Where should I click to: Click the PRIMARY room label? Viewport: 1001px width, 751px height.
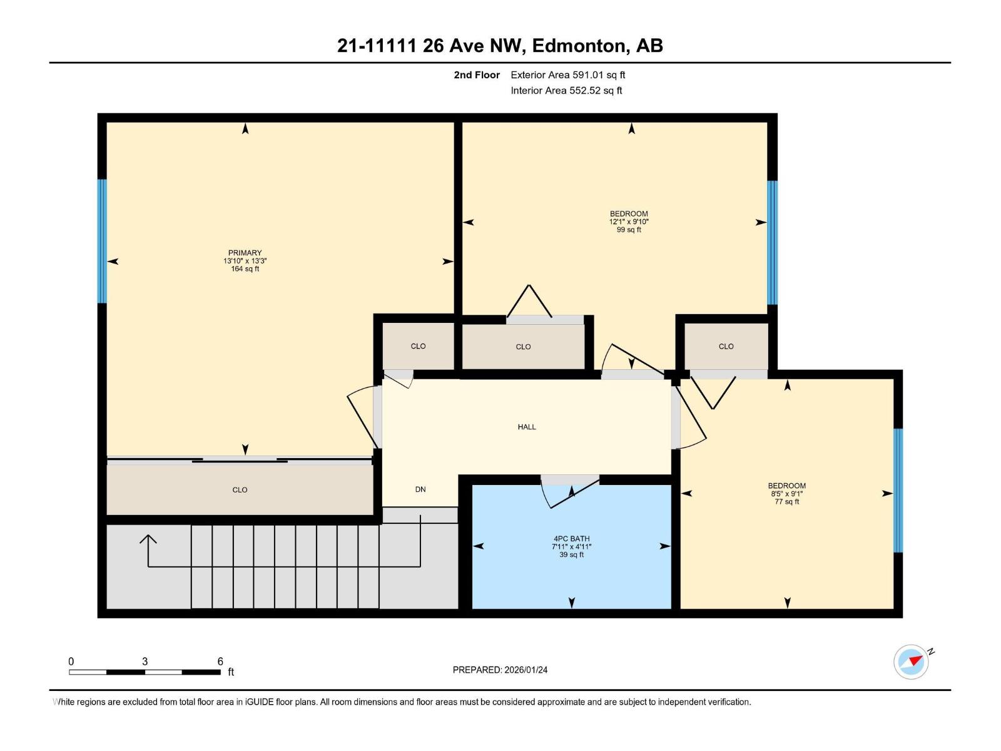tap(245, 253)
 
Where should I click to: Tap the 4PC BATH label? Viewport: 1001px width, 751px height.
tap(571, 538)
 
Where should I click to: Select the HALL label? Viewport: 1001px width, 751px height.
tap(526, 427)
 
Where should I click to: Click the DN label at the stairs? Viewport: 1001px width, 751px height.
tap(420, 489)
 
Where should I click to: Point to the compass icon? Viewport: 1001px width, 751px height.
tap(911, 662)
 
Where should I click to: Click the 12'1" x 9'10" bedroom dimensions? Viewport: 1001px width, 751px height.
tap(629, 222)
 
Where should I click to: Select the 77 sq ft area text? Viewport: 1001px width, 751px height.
tap(786, 501)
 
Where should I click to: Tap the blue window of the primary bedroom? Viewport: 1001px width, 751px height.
tap(102, 241)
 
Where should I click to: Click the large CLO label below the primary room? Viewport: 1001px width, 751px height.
tap(240, 490)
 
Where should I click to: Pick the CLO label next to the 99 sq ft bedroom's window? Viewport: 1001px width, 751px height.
tap(726, 346)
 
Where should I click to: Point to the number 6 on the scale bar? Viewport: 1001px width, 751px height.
tap(220, 662)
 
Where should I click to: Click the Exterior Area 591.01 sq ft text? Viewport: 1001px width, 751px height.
tap(567, 74)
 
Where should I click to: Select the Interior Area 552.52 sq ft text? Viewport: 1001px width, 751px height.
tap(566, 90)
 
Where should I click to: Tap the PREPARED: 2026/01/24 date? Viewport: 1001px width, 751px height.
tap(500, 670)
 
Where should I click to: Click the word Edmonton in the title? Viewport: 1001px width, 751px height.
tap(580, 46)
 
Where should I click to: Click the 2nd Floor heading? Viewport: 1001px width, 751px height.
tap(477, 74)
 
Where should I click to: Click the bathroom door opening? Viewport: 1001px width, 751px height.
tap(570, 480)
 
